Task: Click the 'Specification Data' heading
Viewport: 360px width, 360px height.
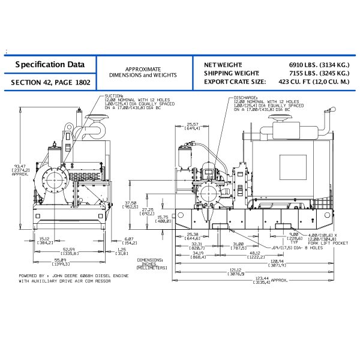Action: tap(50, 64)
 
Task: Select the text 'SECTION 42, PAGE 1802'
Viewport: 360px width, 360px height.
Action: tap(50, 82)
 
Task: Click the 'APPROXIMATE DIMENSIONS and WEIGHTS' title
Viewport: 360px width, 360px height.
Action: tap(143, 72)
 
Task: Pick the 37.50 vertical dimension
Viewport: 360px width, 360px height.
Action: tap(131, 203)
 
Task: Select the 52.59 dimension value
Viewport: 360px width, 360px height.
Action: tap(70, 250)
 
